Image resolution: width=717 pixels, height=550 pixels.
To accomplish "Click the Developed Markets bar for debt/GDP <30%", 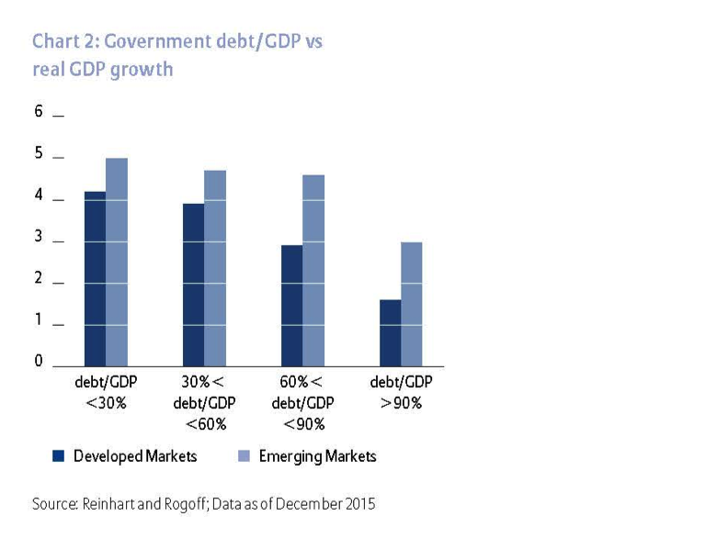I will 95,278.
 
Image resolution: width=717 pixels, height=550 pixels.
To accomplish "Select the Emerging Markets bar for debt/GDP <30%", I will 117,262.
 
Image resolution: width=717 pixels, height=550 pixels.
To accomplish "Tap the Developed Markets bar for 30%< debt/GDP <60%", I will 193,285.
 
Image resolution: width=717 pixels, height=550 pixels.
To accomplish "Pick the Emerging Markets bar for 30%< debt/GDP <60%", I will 215,267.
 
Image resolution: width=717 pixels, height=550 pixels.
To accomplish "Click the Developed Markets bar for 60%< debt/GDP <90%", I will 291,305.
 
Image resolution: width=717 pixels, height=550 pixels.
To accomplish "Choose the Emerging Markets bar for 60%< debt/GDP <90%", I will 313,270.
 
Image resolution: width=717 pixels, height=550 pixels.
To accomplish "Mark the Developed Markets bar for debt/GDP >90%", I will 390,332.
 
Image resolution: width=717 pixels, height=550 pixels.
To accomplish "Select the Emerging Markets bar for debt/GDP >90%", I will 412,303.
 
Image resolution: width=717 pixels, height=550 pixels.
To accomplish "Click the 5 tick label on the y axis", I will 39,153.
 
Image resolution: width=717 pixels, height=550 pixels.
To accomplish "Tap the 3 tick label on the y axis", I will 39,237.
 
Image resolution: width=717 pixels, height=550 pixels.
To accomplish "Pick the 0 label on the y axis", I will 39,361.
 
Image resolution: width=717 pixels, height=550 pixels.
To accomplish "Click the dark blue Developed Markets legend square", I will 58,455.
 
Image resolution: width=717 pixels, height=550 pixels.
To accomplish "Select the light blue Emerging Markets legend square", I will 244,455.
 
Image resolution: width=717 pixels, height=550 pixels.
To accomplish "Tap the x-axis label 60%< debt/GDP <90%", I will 302,402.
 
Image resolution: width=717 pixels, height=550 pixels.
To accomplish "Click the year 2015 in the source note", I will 358,504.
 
